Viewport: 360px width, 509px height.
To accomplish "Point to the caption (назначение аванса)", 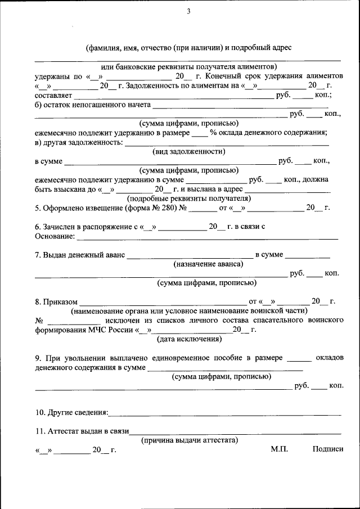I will (209, 264).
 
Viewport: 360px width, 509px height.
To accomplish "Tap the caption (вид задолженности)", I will (189, 151).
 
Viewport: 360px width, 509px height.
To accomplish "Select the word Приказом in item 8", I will (61, 301).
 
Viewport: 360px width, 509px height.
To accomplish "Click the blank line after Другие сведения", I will (225, 414).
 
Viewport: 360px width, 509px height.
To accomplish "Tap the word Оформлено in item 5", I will (64, 208).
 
